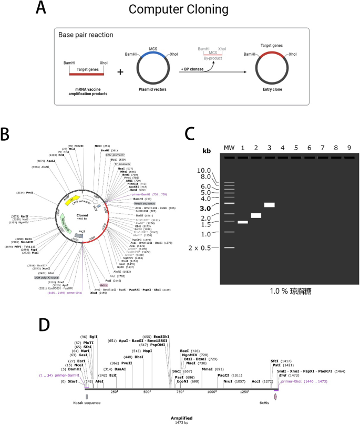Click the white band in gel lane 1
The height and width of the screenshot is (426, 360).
click(243, 222)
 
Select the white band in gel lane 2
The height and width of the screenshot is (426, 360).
click(256, 215)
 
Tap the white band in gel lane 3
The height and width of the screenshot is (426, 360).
click(270, 205)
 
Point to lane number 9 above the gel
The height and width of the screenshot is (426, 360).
click(349, 147)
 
